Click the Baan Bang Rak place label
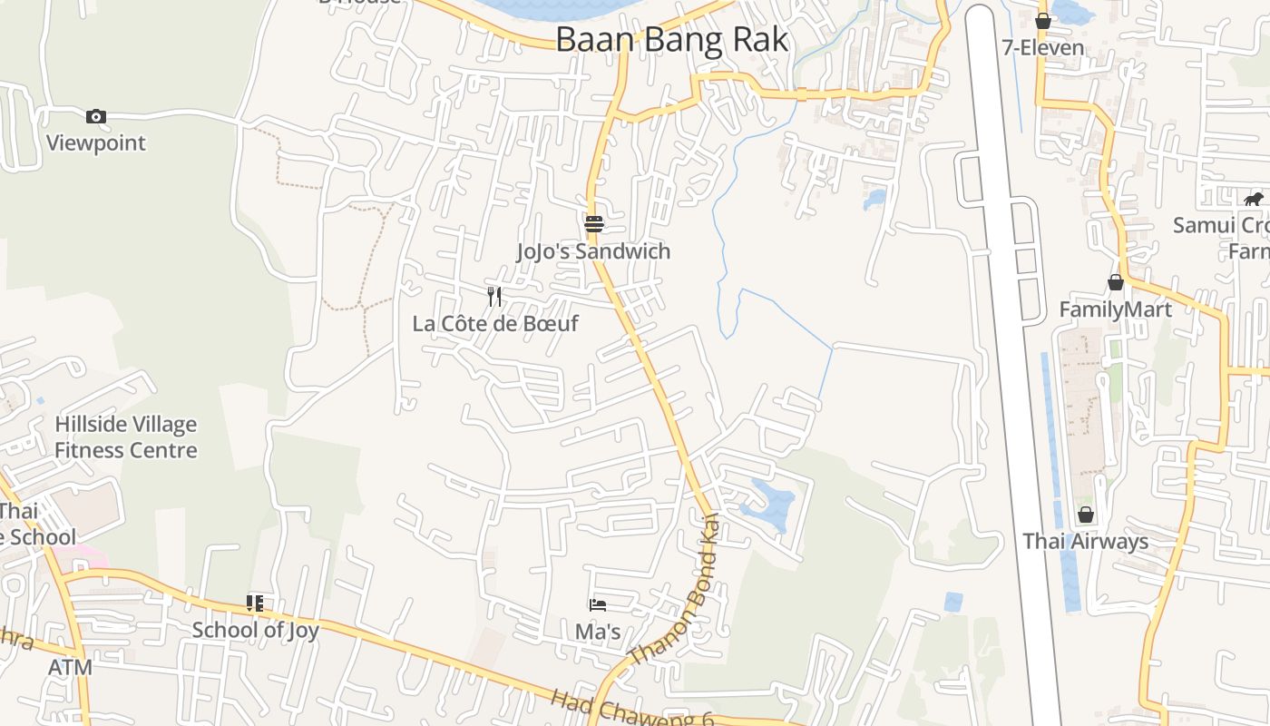point(671,40)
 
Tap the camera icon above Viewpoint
point(96,116)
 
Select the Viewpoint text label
point(96,142)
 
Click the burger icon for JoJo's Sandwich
point(594,223)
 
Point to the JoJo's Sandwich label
point(594,251)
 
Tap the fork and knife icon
point(494,296)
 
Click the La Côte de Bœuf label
point(495,323)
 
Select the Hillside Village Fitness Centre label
point(125,437)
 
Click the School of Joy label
point(255,629)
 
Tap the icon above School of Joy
point(255,603)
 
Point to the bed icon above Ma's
point(597,604)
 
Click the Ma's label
point(598,631)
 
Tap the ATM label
point(70,667)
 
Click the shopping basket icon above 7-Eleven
point(1043,20)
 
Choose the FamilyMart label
point(1115,309)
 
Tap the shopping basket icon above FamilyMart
point(1116,282)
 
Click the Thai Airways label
point(1086,542)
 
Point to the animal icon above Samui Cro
point(1254,199)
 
